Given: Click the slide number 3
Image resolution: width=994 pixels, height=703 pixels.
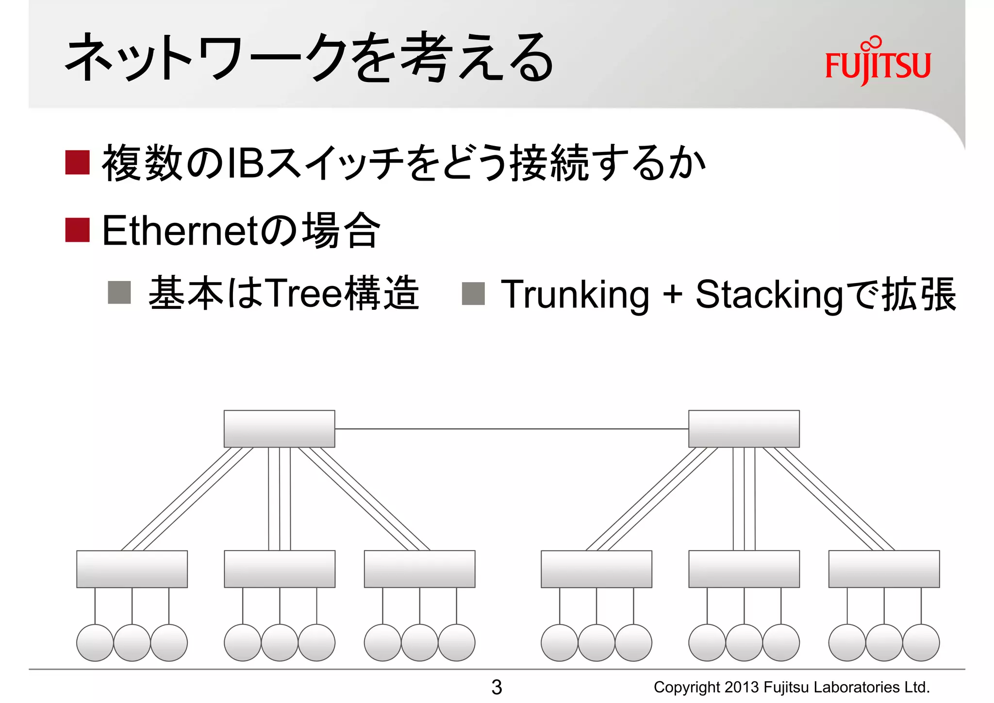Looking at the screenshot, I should (497, 687).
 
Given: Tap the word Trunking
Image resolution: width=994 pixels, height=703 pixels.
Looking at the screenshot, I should (575, 294).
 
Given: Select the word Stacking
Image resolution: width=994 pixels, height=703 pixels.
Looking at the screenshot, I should (770, 294).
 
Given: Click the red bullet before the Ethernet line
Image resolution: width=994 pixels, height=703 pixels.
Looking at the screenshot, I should (78, 230).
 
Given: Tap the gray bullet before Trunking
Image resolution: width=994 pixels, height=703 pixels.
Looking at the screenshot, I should (473, 294).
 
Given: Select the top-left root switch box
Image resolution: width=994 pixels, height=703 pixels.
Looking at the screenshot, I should (279, 429).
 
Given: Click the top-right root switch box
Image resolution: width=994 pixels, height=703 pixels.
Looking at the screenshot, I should (744, 429).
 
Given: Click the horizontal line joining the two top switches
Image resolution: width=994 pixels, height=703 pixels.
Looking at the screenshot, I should (511, 429).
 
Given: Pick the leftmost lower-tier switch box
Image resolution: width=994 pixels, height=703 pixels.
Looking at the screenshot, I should (132, 569).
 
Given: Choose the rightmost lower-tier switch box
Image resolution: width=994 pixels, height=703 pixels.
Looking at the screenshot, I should (884, 569).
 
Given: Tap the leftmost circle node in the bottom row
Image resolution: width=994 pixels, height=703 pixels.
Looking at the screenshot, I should (95, 642).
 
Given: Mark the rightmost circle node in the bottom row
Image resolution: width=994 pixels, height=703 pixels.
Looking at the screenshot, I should (921, 642).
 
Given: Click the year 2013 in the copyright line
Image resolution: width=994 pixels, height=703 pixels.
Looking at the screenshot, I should (742, 687).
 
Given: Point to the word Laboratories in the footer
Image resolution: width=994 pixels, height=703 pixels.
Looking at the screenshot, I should (857, 687).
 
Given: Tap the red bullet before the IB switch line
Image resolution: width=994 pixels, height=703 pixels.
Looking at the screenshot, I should (78, 162).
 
